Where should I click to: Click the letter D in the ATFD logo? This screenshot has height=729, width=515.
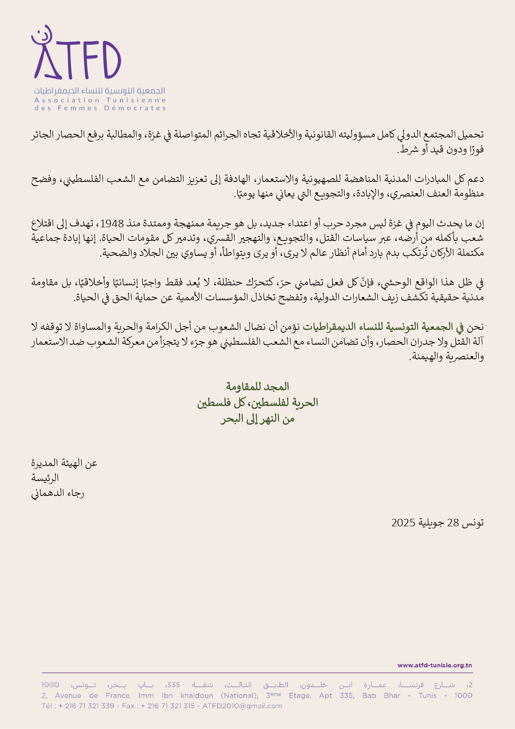(109, 61)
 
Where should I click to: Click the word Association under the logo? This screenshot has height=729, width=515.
(67, 100)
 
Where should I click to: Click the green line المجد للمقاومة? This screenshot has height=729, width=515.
(257, 387)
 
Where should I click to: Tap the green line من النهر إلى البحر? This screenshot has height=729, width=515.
(257, 419)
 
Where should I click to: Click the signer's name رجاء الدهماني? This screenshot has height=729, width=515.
(58, 493)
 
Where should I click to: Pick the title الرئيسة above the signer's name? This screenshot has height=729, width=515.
(45, 478)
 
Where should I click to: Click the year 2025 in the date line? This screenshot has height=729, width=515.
(403, 523)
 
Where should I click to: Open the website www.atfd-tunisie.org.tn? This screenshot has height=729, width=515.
(434, 665)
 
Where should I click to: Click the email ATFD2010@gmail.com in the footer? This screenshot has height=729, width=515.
(242, 706)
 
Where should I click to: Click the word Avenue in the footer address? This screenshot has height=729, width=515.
(68, 695)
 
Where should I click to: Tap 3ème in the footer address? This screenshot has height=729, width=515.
(274, 695)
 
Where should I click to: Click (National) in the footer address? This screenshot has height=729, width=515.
(239, 695)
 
